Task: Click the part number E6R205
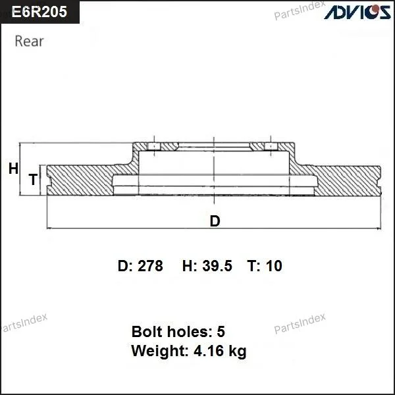tap(39, 12)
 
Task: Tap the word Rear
tap(29, 41)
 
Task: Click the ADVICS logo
tap(357, 12)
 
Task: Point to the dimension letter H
tap(13, 169)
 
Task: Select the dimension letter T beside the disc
tap(33, 179)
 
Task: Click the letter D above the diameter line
tap(215, 221)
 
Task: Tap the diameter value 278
tap(150, 266)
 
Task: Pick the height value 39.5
tap(217, 266)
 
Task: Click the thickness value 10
tap(274, 266)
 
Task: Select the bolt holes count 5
tap(221, 332)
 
